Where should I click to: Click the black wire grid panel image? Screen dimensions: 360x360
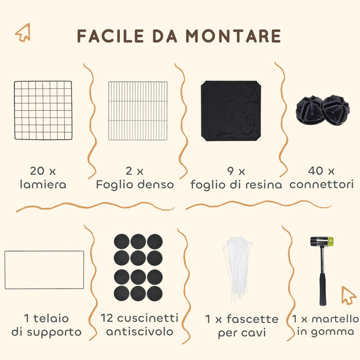coord(43,110)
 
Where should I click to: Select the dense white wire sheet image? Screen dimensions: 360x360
coord(138,110)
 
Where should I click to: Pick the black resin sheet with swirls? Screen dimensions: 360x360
coord(230,110)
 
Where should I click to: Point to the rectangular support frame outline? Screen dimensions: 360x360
coord(44,269)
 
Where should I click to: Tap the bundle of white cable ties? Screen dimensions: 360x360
coord(238,268)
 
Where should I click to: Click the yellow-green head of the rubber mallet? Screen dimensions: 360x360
coord(328,242)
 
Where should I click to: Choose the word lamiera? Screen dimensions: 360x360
coord(43,184)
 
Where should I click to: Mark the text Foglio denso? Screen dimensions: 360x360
coord(135,184)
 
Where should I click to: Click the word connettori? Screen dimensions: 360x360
coord(321,184)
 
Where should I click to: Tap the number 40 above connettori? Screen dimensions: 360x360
coord(314,170)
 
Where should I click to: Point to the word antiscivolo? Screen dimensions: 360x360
coord(139,332)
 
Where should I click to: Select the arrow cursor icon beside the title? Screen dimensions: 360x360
coord(23,33)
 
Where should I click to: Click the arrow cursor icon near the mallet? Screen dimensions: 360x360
coord(349,295)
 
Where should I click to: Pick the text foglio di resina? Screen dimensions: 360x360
coord(236,184)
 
